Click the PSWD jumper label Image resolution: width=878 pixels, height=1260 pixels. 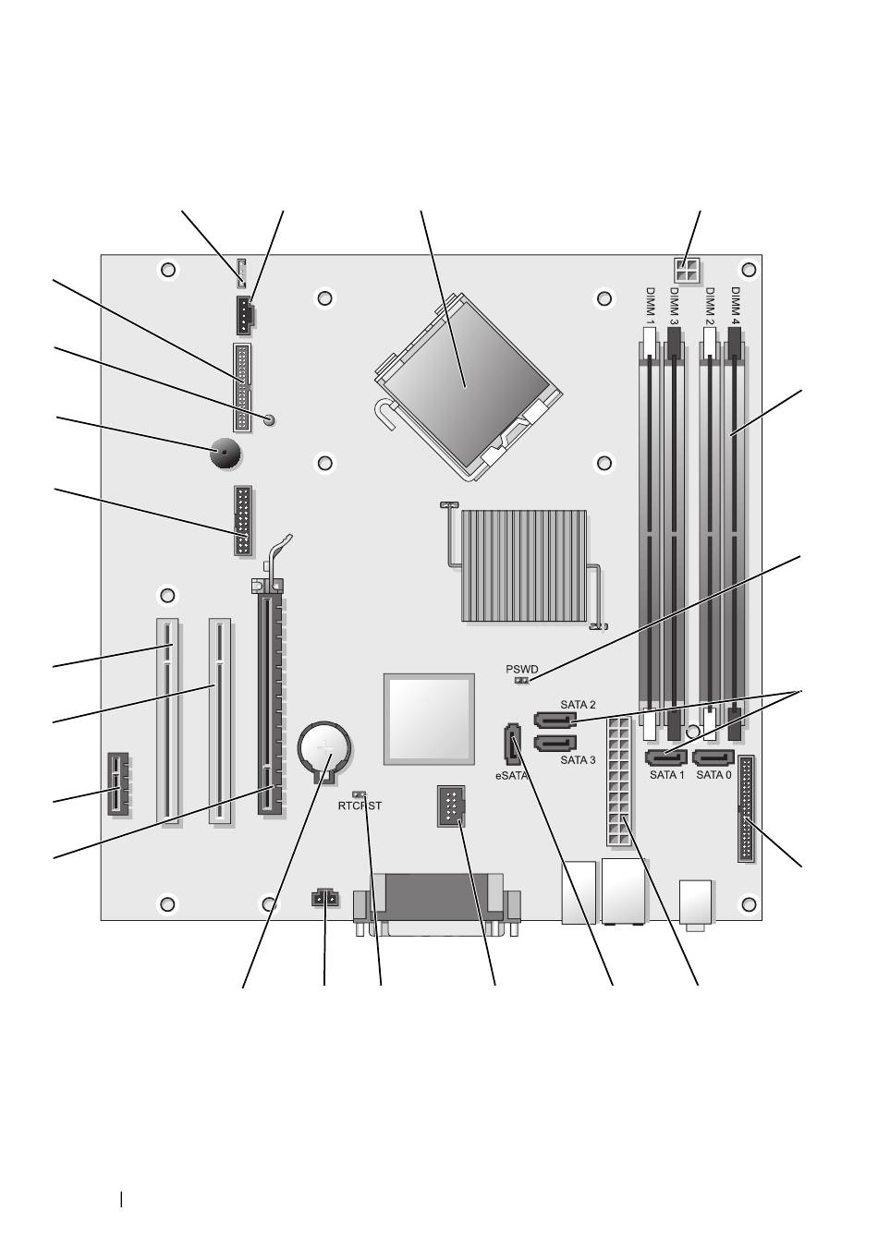[522, 670]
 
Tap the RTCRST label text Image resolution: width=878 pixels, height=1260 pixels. [360, 806]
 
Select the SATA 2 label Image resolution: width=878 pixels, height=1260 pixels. [578, 704]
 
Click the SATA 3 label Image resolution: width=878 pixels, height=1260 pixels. [578, 760]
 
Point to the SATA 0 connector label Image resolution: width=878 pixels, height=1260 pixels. [713, 774]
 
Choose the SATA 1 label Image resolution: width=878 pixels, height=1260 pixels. [667, 774]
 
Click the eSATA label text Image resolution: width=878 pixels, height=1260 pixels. [511, 775]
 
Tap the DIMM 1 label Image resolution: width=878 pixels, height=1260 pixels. [650, 306]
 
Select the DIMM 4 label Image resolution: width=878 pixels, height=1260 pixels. [735, 306]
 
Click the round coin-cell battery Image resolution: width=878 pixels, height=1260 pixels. [324, 748]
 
